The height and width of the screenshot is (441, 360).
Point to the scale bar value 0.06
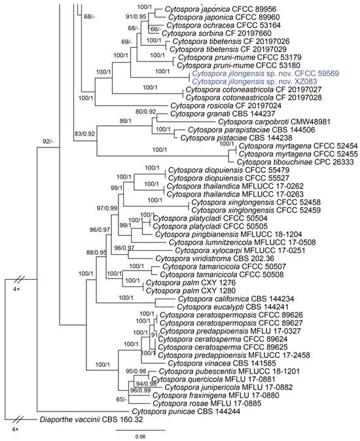pyautogui.click(x=141, y=436)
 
